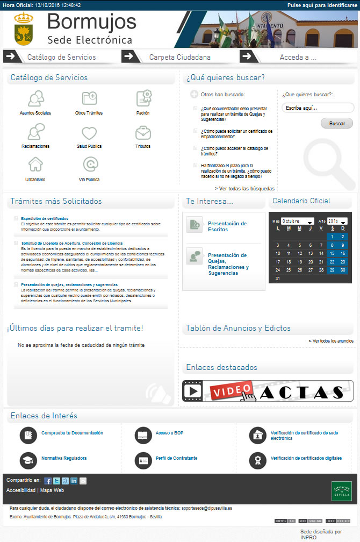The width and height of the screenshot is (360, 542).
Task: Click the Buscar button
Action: (x=337, y=124)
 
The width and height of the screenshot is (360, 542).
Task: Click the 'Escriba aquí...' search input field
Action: (x=318, y=108)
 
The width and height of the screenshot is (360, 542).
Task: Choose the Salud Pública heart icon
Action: (x=89, y=133)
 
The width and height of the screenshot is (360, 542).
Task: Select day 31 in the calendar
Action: (x=278, y=279)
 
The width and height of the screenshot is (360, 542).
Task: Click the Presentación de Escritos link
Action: (x=227, y=226)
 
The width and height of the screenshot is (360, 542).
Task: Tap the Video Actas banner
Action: (x=268, y=391)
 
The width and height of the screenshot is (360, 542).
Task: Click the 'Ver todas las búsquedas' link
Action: (x=244, y=189)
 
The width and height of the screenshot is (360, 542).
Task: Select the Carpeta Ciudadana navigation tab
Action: (x=179, y=57)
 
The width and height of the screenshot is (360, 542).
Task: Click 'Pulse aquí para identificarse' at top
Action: (x=322, y=5)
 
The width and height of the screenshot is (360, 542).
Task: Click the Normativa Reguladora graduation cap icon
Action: (x=28, y=460)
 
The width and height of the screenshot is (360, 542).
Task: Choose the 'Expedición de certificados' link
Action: (x=45, y=218)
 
